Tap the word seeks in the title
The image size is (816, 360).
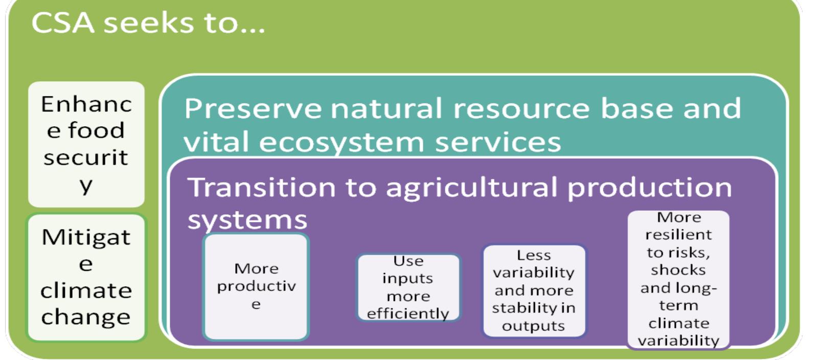148,23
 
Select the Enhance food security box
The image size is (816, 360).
86,144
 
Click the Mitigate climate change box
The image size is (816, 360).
86,277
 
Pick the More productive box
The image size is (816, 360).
256,286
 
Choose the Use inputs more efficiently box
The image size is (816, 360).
409,287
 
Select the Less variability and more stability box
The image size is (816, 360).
534,290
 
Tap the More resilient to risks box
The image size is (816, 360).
678,279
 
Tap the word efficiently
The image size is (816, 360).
407,313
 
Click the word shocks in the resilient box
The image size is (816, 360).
678,270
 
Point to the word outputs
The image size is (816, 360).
533,326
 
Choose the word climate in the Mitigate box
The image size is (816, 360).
86,290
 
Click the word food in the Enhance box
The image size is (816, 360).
96,130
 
